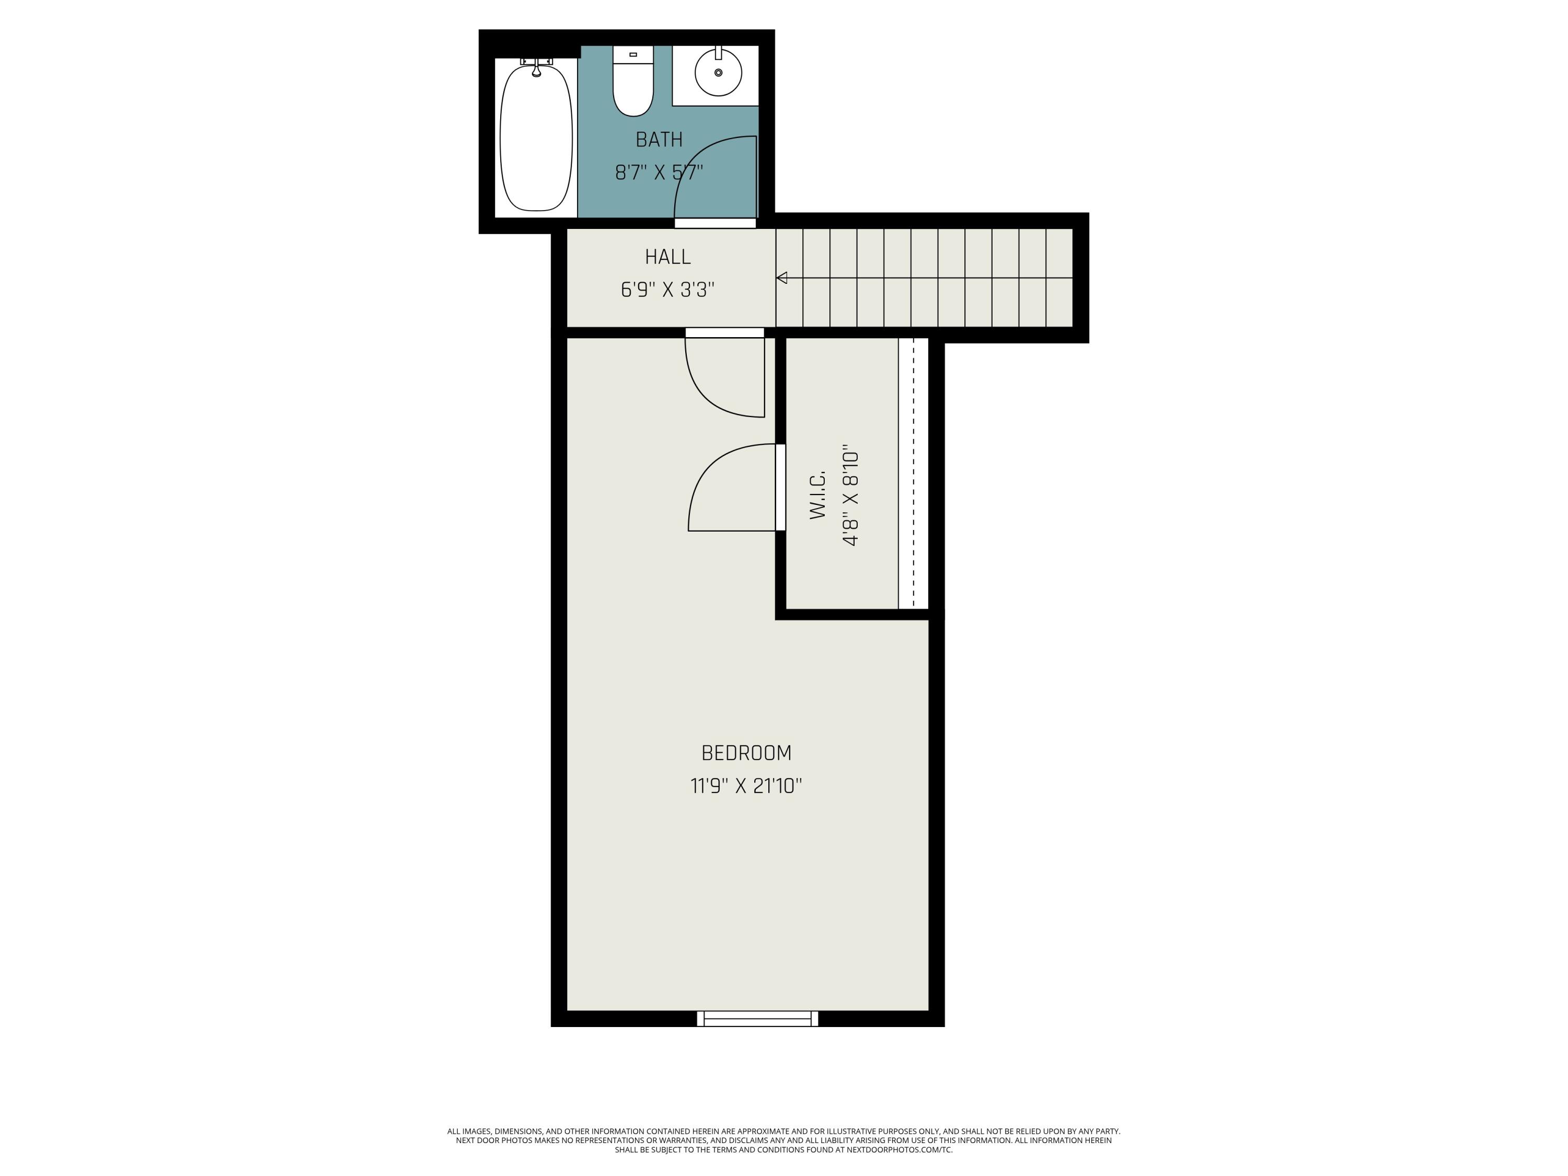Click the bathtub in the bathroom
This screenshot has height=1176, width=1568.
536,138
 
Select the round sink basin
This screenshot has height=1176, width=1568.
718,72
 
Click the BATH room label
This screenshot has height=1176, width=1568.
659,140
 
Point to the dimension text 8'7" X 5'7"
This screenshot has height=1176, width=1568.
659,172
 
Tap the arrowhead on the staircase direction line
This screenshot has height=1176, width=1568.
782,278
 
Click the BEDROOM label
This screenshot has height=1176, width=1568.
746,753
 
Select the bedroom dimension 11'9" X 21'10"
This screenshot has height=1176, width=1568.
746,786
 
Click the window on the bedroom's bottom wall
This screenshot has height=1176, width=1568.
757,1019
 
